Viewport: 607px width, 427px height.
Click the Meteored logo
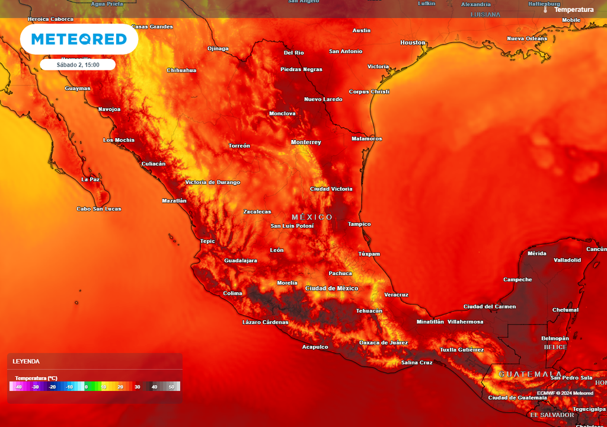(x=79, y=39)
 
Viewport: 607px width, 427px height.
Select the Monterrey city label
(x=306, y=142)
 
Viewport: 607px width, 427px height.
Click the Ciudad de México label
(x=331, y=288)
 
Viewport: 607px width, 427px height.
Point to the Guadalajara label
(x=241, y=261)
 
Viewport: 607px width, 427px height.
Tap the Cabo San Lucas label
(x=99, y=209)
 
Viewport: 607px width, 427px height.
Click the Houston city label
(x=413, y=43)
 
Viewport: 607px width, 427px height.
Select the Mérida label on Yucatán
(x=536, y=254)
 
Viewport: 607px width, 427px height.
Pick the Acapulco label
(x=315, y=347)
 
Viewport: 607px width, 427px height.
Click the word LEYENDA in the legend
(x=26, y=361)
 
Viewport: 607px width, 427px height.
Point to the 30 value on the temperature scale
(x=137, y=387)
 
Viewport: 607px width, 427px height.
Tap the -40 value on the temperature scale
(x=18, y=387)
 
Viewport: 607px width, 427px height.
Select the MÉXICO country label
(x=312, y=218)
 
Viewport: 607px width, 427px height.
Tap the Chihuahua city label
(x=181, y=70)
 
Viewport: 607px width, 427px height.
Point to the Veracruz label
(x=396, y=295)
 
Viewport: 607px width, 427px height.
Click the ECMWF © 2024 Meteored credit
(x=565, y=393)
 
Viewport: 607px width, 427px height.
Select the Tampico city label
(x=359, y=224)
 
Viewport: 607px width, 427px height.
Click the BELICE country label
(x=556, y=347)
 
